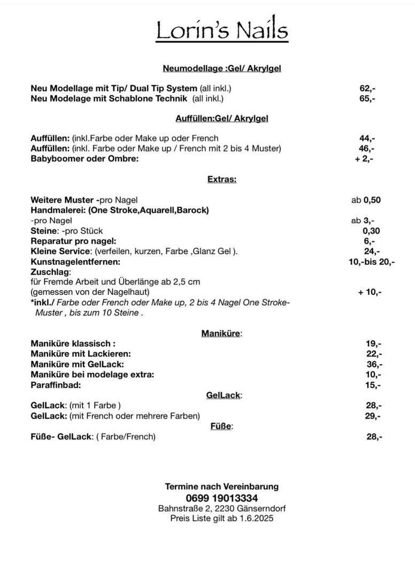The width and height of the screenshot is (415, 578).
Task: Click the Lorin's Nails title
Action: pos(222,31)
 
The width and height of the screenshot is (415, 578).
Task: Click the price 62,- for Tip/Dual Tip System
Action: pos(367,88)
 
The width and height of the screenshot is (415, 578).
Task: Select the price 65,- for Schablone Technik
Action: pos(367,98)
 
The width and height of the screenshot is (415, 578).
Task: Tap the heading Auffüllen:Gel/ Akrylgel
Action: pos(221,118)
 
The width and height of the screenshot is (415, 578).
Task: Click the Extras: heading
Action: pos(221,180)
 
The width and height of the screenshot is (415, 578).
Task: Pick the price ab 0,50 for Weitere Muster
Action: pos(366,200)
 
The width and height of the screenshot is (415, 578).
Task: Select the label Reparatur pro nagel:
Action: pos(73,241)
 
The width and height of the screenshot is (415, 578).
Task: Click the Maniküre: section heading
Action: pos(221,333)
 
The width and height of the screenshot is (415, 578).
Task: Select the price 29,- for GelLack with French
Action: pos(373,416)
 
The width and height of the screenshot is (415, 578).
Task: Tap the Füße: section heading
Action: pos(221,427)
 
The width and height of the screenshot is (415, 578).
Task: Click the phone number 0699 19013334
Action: pos(221,498)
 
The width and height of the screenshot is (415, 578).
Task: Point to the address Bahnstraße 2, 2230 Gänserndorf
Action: pos(221,508)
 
